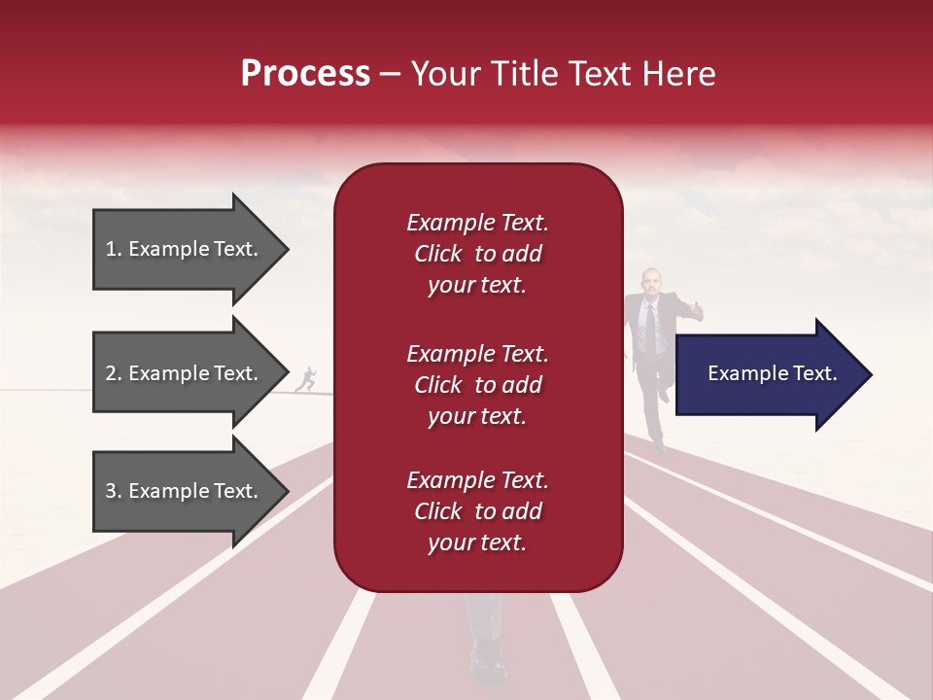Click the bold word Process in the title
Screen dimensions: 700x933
tap(305, 74)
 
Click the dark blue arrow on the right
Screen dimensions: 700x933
tap(768, 374)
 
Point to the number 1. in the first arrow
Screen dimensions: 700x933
tap(114, 249)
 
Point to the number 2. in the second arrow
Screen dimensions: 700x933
tap(114, 373)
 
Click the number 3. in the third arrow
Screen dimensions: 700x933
tap(114, 491)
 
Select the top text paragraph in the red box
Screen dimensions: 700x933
tap(477, 254)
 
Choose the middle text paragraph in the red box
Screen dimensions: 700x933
tap(477, 385)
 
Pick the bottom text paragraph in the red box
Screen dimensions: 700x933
tap(477, 511)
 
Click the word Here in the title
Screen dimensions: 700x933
tap(680, 74)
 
